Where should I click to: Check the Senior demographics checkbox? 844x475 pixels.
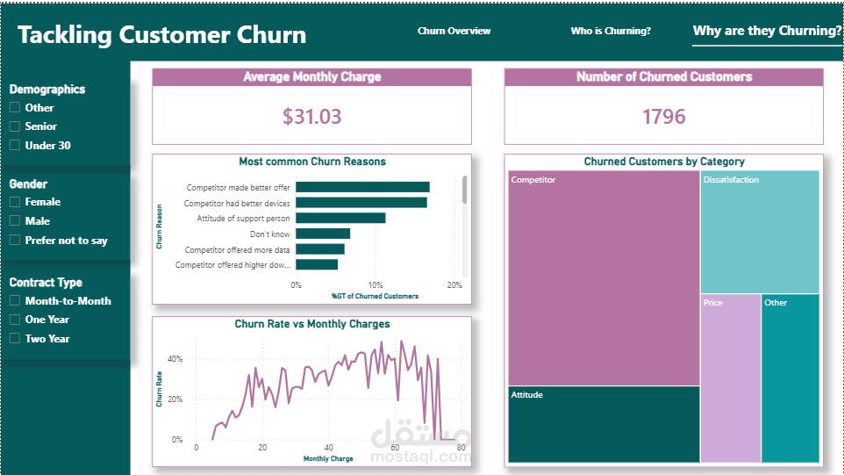[x=15, y=126]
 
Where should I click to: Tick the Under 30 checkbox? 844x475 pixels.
[x=15, y=146]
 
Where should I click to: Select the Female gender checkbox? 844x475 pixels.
[x=15, y=202]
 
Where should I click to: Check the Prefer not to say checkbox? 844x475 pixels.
[x=15, y=241]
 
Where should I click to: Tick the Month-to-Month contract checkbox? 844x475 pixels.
[x=15, y=301]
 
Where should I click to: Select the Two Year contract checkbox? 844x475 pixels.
[x=15, y=339]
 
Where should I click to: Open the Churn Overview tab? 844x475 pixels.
[x=454, y=32]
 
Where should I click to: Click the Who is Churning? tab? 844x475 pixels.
[x=611, y=32]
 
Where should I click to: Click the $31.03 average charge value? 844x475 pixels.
[x=312, y=116]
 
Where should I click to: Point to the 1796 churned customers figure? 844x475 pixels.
[x=663, y=116]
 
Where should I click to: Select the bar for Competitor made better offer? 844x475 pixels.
[x=363, y=187]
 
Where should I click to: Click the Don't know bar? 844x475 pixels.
[x=323, y=234]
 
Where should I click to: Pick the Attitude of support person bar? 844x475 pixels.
[x=340, y=218]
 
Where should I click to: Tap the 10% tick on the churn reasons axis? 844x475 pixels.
[x=376, y=284]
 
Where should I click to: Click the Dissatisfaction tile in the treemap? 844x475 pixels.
[x=760, y=232]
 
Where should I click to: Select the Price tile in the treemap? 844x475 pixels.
[x=731, y=378]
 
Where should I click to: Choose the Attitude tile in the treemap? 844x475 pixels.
[x=604, y=424]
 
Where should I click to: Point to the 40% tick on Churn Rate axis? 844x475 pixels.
[x=175, y=359]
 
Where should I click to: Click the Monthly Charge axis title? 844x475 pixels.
[x=328, y=459]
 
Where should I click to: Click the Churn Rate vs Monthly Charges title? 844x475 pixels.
[x=312, y=324]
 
